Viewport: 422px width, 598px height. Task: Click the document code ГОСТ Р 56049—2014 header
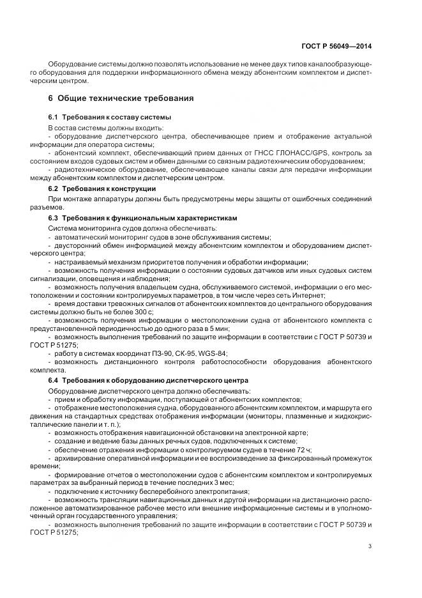coord(337,47)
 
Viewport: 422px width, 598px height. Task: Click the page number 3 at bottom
coord(370,546)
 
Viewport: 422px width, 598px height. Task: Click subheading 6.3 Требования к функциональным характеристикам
coord(142,218)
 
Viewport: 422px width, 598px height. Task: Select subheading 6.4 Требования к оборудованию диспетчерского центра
coord(144,381)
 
